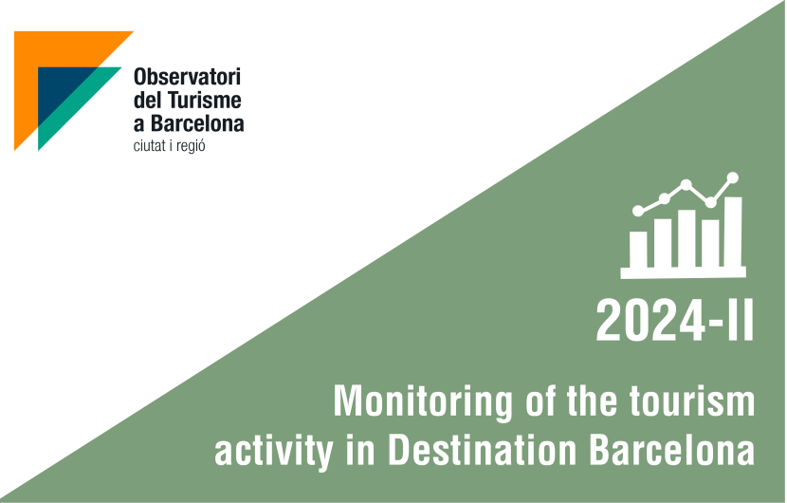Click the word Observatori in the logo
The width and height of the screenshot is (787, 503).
187,77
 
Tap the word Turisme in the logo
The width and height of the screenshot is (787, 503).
204,100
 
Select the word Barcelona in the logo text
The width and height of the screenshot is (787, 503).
197,123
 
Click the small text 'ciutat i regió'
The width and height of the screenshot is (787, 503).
169,146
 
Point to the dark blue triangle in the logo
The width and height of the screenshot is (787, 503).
59,89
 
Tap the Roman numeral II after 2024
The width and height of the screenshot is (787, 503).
739,321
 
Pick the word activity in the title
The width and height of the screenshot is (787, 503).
274,450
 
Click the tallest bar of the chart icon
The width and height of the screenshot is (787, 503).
733,232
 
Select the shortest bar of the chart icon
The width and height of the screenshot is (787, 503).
638,250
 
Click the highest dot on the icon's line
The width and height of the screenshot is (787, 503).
733,177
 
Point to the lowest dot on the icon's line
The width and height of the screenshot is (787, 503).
638,211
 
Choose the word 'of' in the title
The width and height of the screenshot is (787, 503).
540,401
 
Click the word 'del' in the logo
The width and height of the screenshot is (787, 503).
148,100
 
